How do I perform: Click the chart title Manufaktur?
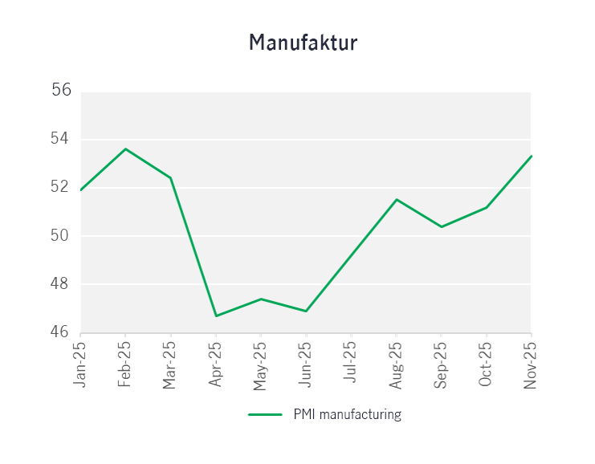click(x=303, y=43)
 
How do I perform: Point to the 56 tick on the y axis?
click(x=62, y=90)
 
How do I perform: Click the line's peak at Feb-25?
click(x=125, y=149)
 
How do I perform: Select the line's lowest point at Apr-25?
click(x=216, y=315)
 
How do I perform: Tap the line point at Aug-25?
click(x=396, y=199)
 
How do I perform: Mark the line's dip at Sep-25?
click(x=441, y=226)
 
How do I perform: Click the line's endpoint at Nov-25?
click(x=531, y=156)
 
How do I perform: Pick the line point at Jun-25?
click(x=306, y=311)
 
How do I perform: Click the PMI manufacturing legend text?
click(x=347, y=415)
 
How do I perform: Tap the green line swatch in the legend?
click(x=265, y=415)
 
